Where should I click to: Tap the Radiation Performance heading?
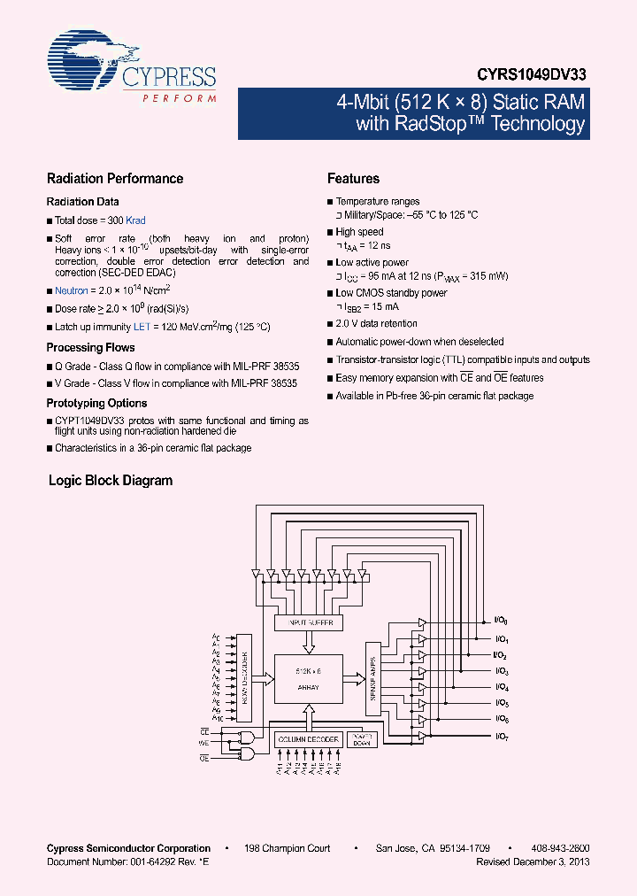click(x=115, y=179)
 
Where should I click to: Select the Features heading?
click(x=353, y=179)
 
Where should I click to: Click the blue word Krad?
click(x=135, y=220)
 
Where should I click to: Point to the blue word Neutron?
click(x=72, y=290)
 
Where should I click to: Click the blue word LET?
click(x=142, y=327)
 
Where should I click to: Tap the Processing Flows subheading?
click(x=90, y=348)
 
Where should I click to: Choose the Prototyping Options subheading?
click(x=96, y=403)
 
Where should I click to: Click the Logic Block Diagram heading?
click(x=110, y=481)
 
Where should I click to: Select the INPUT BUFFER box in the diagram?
click(x=309, y=623)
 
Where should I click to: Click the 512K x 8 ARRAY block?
click(x=308, y=679)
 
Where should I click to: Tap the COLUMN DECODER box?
click(x=308, y=739)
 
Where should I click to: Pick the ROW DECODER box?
click(x=242, y=677)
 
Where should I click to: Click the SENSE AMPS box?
click(x=372, y=677)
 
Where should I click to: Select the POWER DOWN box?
click(x=362, y=738)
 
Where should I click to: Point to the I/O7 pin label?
click(x=501, y=737)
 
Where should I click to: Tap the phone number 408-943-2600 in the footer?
click(x=560, y=848)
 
